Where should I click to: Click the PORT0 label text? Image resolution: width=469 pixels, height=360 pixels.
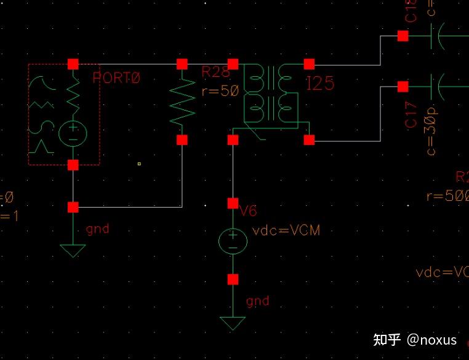point(116,78)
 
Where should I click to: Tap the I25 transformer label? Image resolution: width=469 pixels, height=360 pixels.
point(320,84)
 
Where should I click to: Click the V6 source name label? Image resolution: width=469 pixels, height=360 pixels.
point(248,211)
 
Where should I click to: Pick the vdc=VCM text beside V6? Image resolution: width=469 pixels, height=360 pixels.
point(286,231)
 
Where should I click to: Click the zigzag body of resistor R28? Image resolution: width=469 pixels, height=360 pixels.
point(182,101)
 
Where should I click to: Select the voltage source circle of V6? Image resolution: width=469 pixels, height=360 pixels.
point(233,241)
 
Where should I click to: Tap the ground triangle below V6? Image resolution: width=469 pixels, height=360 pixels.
point(233,323)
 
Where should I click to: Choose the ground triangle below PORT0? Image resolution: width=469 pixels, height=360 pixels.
point(73,250)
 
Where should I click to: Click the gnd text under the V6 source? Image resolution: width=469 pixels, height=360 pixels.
point(257,301)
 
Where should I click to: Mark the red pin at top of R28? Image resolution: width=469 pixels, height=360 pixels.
point(182,64)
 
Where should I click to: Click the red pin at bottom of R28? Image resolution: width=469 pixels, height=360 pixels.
point(182,140)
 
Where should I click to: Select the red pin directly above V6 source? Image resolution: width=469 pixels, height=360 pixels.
point(233,203)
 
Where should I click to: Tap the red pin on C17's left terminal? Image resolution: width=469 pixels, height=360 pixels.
point(403,86)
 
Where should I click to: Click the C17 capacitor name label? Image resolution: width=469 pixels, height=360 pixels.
point(412,115)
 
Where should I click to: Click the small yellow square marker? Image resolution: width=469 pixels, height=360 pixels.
point(140,163)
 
